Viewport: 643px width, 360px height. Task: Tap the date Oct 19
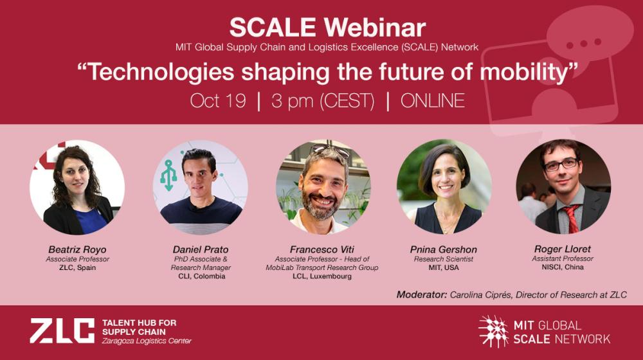click(218, 101)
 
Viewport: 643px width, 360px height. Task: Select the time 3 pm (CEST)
click(323, 101)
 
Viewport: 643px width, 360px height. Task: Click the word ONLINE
click(432, 101)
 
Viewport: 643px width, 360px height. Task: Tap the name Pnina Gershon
click(444, 249)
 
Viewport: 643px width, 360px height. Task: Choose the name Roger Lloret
click(563, 249)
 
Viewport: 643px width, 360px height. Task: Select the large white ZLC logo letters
click(62, 330)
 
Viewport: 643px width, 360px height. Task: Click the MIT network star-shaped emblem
click(493, 331)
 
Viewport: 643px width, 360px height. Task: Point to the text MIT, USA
click(444, 267)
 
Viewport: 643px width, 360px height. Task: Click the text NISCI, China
click(563, 267)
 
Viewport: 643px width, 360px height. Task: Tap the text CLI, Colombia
click(201, 276)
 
